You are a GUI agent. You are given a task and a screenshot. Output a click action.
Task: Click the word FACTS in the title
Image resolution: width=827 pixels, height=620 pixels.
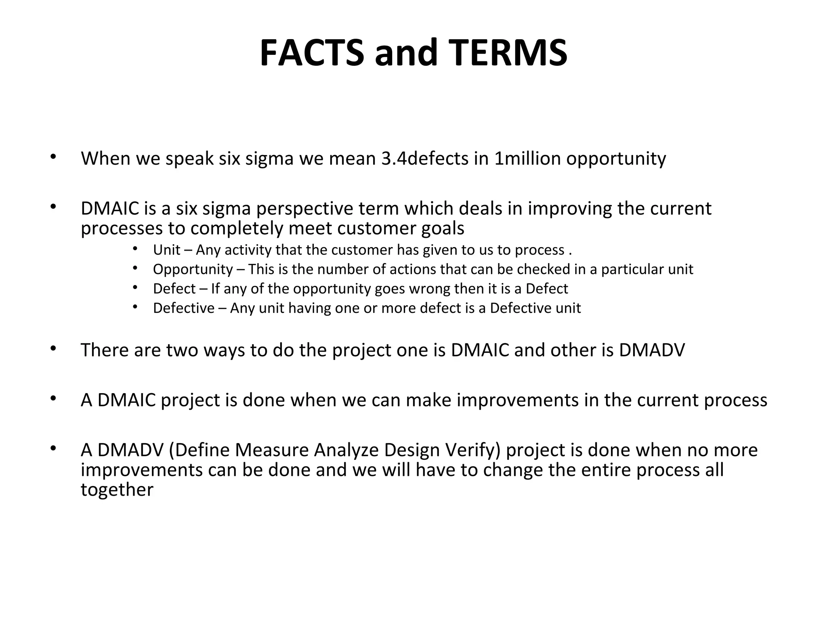tap(312, 53)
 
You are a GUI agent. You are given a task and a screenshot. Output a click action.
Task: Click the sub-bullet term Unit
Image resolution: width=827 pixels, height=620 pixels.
tap(166, 250)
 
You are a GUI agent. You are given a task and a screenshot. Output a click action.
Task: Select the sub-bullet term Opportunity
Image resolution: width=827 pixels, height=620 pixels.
tap(193, 270)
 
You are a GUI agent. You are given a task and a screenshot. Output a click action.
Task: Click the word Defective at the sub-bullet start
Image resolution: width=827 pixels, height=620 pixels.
tap(184, 308)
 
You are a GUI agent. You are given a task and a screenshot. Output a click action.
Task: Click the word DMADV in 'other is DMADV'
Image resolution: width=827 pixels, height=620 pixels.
tap(652, 350)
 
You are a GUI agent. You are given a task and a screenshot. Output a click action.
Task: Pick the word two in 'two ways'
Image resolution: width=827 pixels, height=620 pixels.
tap(182, 350)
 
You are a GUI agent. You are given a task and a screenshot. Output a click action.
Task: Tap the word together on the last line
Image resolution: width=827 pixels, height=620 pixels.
tap(117, 490)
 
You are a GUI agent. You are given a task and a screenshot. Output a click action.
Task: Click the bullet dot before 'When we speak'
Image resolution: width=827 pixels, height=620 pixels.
tap(52, 157)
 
